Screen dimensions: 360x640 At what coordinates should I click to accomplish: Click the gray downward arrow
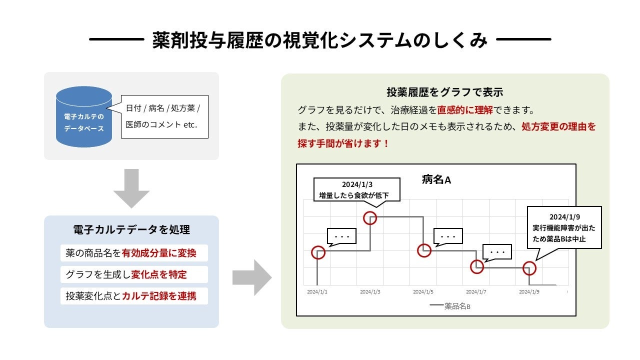[x=131, y=188]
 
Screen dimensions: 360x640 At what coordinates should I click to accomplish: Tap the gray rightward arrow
[x=252, y=277]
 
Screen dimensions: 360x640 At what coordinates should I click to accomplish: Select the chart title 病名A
[x=436, y=179]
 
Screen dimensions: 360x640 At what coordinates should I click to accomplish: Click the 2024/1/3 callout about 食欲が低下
[x=357, y=189]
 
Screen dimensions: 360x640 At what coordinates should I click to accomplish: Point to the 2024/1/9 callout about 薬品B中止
[x=564, y=227]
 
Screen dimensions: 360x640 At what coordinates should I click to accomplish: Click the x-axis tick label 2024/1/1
[x=317, y=291]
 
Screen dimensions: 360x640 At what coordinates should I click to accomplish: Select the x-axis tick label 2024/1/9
[x=529, y=291]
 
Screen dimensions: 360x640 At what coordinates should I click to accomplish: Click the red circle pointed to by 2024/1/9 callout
[x=529, y=268]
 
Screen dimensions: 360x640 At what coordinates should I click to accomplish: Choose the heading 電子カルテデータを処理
[x=131, y=230]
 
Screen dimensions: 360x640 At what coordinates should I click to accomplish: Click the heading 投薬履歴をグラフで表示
[x=444, y=92]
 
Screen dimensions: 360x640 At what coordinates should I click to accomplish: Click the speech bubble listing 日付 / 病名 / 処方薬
[x=164, y=116]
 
